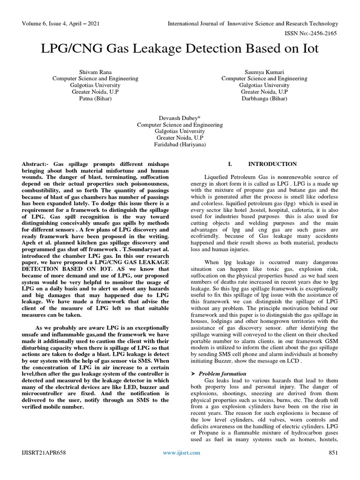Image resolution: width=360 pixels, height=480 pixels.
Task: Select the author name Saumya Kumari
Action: point(264,72)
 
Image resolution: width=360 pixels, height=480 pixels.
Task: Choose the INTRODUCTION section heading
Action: point(272,164)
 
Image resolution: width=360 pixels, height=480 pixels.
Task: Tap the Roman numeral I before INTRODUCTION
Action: point(230,164)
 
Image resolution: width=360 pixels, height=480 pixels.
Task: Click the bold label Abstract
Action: point(35,165)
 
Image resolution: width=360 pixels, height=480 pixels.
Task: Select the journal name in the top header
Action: point(254,23)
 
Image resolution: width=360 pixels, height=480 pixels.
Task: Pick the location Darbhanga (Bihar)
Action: point(264,99)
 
